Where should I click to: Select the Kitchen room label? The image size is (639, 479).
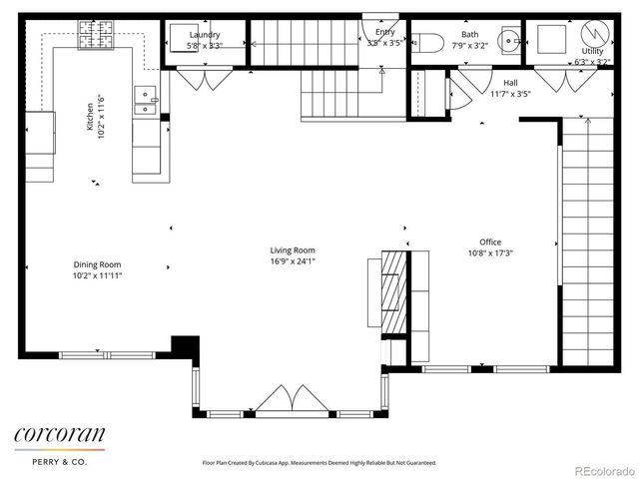tap(90, 117)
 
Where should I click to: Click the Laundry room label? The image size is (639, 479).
tap(204, 34)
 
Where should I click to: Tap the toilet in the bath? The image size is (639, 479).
tap(426, 42)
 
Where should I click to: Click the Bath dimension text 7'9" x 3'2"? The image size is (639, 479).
tap(469, 45)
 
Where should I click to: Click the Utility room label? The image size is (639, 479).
tap(592, 51)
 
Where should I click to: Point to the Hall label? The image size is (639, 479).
tap(510, 83)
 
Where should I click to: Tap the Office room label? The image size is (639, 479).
tap(489, 241)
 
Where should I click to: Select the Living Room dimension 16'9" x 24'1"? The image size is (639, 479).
tap(293, 261)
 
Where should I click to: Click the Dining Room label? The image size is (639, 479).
tap(97, 264)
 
